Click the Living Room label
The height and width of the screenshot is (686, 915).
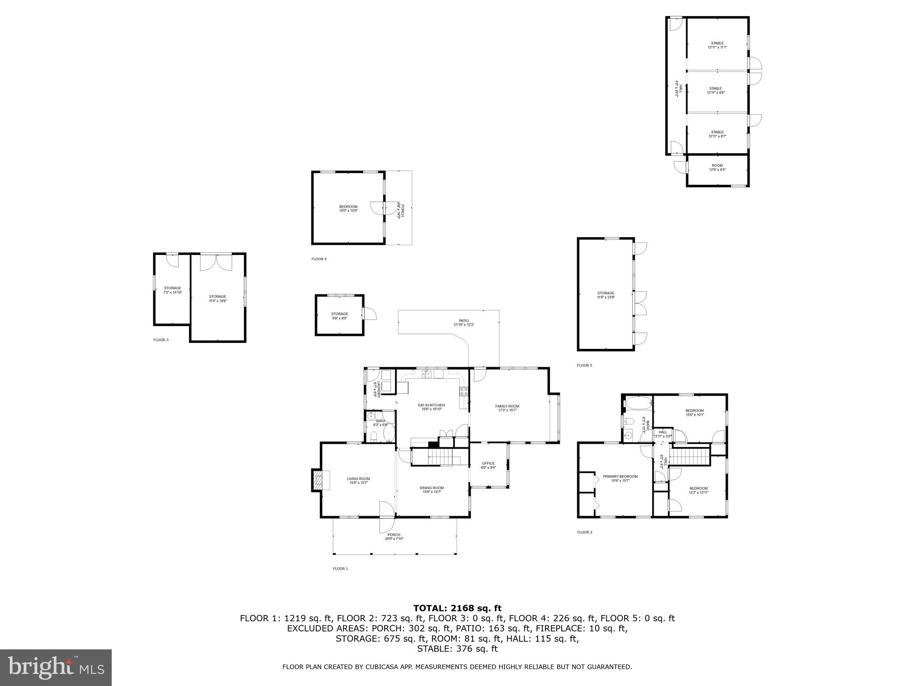[358, 481]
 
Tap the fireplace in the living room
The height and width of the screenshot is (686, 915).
[319, 480]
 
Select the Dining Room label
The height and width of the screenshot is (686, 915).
[432, 489]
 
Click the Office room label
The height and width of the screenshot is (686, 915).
[488, 465]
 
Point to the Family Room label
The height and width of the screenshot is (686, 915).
[507, 408]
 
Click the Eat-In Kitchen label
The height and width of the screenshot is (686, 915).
[431, 407]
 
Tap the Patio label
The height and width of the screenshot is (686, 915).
[464, 322]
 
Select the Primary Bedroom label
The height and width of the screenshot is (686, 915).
[620, 478]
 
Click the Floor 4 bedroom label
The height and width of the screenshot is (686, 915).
[348, 208]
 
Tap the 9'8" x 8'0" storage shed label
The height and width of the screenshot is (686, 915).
[339, 316]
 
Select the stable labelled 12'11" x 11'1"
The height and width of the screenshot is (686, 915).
[717, 45]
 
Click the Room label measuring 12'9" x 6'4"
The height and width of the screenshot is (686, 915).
[717, 167]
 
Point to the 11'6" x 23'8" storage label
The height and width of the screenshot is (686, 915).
[605, 295]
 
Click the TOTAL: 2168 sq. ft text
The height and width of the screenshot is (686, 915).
[457, 608]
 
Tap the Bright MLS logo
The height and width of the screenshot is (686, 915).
[56, 667]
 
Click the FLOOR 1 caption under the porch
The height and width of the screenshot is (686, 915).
[340, 569]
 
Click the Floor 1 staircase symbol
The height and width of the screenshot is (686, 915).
[440, 458]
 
